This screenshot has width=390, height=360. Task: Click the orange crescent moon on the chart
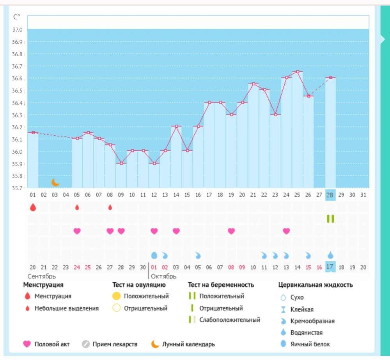[x=56, y=182]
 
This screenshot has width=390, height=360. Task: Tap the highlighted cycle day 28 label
[x=330, y=195]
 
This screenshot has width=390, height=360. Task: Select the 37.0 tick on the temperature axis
[x=17, y=30]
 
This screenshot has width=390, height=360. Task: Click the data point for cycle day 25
[x=298, y=72]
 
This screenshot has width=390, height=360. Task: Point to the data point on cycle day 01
[x=33, y=133]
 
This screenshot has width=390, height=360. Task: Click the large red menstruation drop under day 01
[x=33, y=207]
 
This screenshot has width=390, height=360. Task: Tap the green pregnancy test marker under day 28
[x=330, y=219]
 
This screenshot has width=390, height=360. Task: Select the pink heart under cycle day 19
[x=231, y=231]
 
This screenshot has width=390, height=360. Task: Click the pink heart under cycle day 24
[x=287, y=231]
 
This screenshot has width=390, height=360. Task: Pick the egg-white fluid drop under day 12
[x=154, y=255]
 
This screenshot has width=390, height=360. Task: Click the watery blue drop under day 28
[x=330, y=255]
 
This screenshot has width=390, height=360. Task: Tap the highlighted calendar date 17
[x=330, y=267]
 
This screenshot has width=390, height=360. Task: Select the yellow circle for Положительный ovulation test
[x=116, y=296]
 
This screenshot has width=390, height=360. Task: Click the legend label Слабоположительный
[x=229, y=320]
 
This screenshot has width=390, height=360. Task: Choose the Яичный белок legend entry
[x=310, y=344]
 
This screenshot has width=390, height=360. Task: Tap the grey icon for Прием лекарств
[x=86, y=344]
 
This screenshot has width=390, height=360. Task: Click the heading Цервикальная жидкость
[x=316, y=285]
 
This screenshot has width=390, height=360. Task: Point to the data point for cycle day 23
[x=275, y=115]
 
